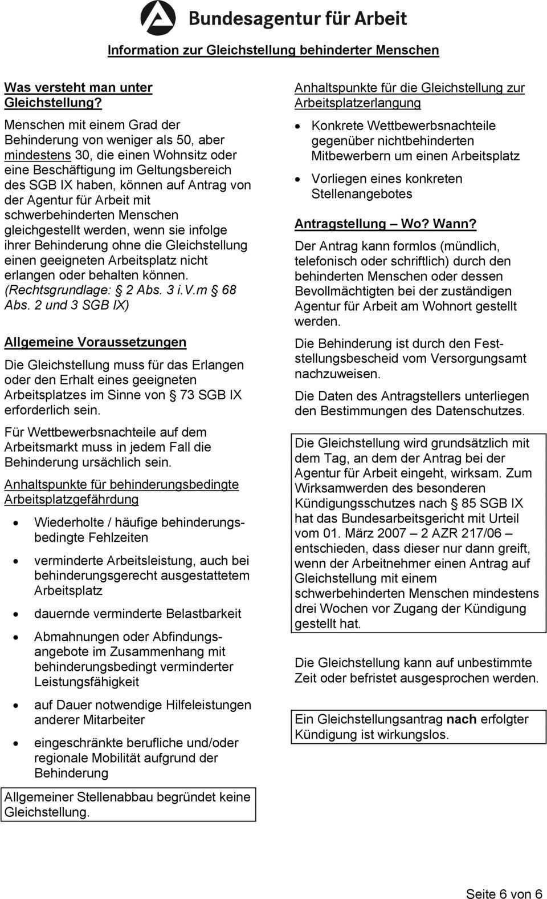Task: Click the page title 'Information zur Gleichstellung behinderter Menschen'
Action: tap(273, 50)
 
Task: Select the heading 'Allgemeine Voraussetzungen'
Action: tap(95, 342)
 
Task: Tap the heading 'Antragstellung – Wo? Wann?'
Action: tap(385, 224)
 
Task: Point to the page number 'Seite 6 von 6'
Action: tap(504, 893)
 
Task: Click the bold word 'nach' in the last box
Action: tap(462, 719)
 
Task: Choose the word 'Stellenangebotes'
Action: tap(362, 194)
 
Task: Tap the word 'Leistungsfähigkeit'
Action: tap(87, 682)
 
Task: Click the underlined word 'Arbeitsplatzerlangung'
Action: tap(358, 103)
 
